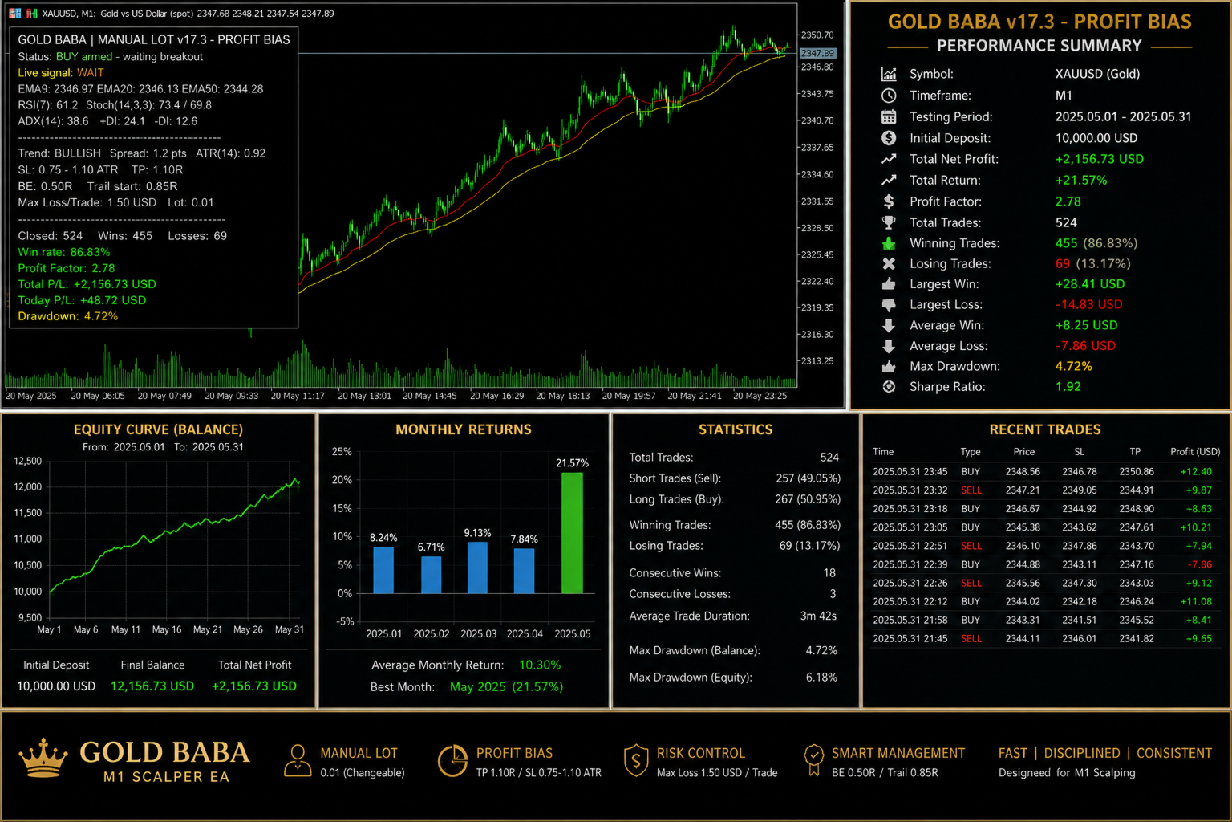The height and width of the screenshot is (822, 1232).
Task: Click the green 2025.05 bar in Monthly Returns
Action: [x=572, y=533]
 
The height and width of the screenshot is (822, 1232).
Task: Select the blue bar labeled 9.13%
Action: [x=477, y=568]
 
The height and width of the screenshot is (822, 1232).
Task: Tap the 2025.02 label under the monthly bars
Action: [x=432, y=633]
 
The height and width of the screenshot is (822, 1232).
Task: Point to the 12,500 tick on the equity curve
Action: [x=27, y=461]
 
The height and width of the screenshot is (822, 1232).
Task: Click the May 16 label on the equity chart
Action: [x=167, y=629]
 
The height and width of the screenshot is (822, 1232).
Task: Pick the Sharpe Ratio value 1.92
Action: [x=1068, y=386]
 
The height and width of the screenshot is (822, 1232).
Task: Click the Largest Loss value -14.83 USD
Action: [x=1088, y=304]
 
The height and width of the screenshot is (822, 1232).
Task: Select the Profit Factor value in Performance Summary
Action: [x=1068, y=201]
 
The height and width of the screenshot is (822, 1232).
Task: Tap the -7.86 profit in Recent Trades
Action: [x=1199, y=564]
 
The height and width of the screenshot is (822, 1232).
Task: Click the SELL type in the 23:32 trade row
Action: [x=971, y=490]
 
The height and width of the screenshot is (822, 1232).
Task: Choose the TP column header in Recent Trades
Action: [x=1135, y=451]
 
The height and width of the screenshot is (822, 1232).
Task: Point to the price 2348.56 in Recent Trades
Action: [x=1023, y=471]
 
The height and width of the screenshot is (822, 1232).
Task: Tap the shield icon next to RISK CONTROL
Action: [x=636, y=760]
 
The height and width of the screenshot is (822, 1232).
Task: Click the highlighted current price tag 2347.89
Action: [x=817, y=54]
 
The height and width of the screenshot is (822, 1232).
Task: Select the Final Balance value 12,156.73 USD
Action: [x=152, y=686]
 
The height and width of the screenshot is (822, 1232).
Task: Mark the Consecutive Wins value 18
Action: [x=829, y=573]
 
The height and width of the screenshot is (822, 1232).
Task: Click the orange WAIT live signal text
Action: [x=90, y=73]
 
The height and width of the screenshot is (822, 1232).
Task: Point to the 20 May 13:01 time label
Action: [x=364, y=395]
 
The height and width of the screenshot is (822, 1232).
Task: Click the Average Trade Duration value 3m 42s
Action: [x=818, y=616]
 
